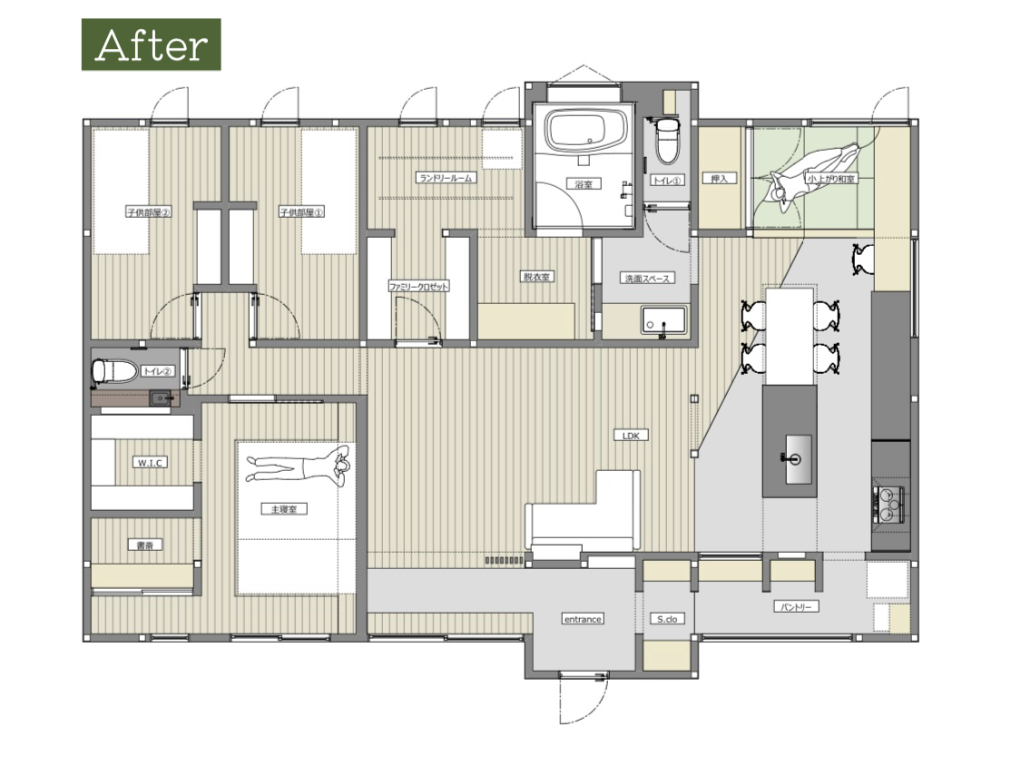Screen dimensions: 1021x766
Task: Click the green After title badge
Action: click(x=151, y=44)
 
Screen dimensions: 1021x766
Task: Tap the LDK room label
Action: click(x=631, y=436)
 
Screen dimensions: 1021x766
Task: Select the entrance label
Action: click(x=583, y=619)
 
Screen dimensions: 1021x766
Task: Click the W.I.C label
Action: click(x=150, y=463)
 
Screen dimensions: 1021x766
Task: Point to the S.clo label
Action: click(x=667, y=619)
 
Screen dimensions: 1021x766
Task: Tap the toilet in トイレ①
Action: click(x=667, y=140)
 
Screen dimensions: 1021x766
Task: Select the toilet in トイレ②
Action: click(x=114, y=371)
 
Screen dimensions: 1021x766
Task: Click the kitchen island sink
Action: click(x=798, y=459)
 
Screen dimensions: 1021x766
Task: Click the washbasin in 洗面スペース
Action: click(x=663, y=321)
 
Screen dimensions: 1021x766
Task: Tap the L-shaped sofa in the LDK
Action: click(x=583, y=515)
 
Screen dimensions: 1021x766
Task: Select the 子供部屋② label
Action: click(x=149, y=212)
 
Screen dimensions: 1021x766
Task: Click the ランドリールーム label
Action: click(x=446, y=177)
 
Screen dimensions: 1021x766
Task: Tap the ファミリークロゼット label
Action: click(x=418, y=287)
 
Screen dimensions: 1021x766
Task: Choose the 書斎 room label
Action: click(x=145, y=545)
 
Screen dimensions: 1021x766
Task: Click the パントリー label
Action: click(x=796, y=607)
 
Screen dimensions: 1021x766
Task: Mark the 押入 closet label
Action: click(x=719, y=179)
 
